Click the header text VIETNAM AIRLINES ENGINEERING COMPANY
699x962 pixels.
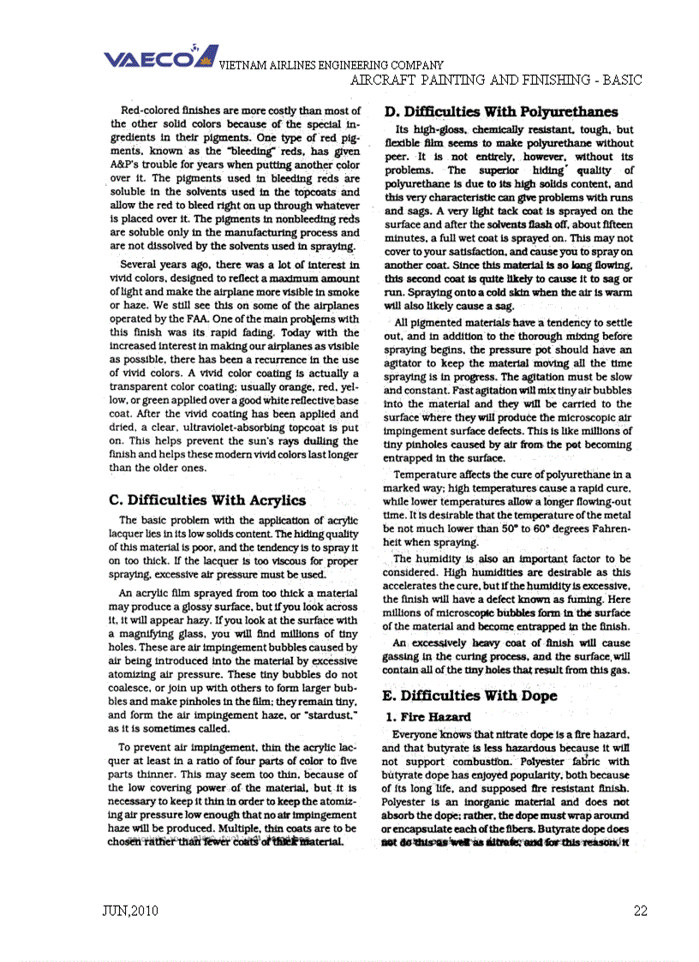coord(332,66)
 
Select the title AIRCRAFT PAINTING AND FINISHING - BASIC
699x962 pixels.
coord(497,81)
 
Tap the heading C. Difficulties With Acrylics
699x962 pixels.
coord(208,500)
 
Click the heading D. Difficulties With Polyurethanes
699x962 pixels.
coord(501,111)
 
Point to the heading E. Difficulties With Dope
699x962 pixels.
coord(471,696)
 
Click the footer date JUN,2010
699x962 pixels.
coord(129,911)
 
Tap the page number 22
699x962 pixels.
coord(640,911)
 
